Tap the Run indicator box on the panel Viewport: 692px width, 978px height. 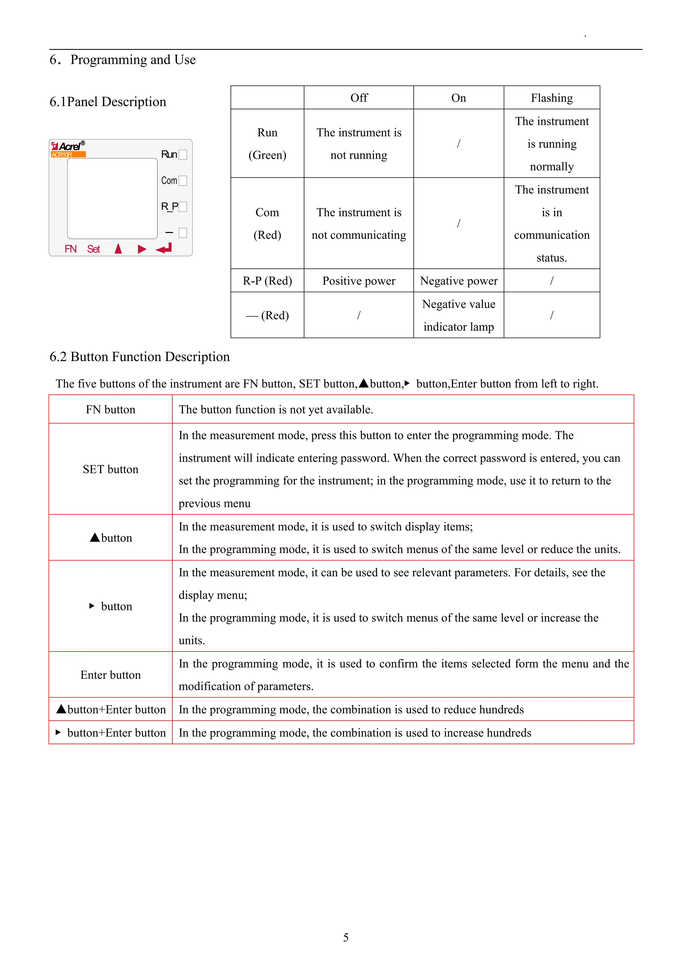[x=183, y=154]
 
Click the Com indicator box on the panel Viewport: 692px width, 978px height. [x=183, y=181]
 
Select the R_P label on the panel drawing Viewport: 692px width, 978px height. [x=169, y=207]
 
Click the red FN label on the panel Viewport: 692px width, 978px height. [x=70, y=249]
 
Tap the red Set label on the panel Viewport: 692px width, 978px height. [x=93, y=249]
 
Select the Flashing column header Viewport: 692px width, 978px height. [x=551, y=98]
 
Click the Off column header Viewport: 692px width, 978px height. [x=359, y=98]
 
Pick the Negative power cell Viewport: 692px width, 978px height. [x=459, y=281]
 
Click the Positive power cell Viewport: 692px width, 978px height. [x=359, y=281]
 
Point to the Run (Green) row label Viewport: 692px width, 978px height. [x=267, y=144]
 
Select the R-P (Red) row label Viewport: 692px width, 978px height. [x=267, y=281]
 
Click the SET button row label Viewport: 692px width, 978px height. [x=110, y=469]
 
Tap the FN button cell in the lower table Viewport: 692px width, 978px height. [x=110, y=409]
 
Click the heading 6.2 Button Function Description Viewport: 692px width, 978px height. [x=139, y=357]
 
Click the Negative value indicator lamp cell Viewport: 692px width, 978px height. [x=459, y=315]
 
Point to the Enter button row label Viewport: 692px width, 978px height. [x=110, y=675]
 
